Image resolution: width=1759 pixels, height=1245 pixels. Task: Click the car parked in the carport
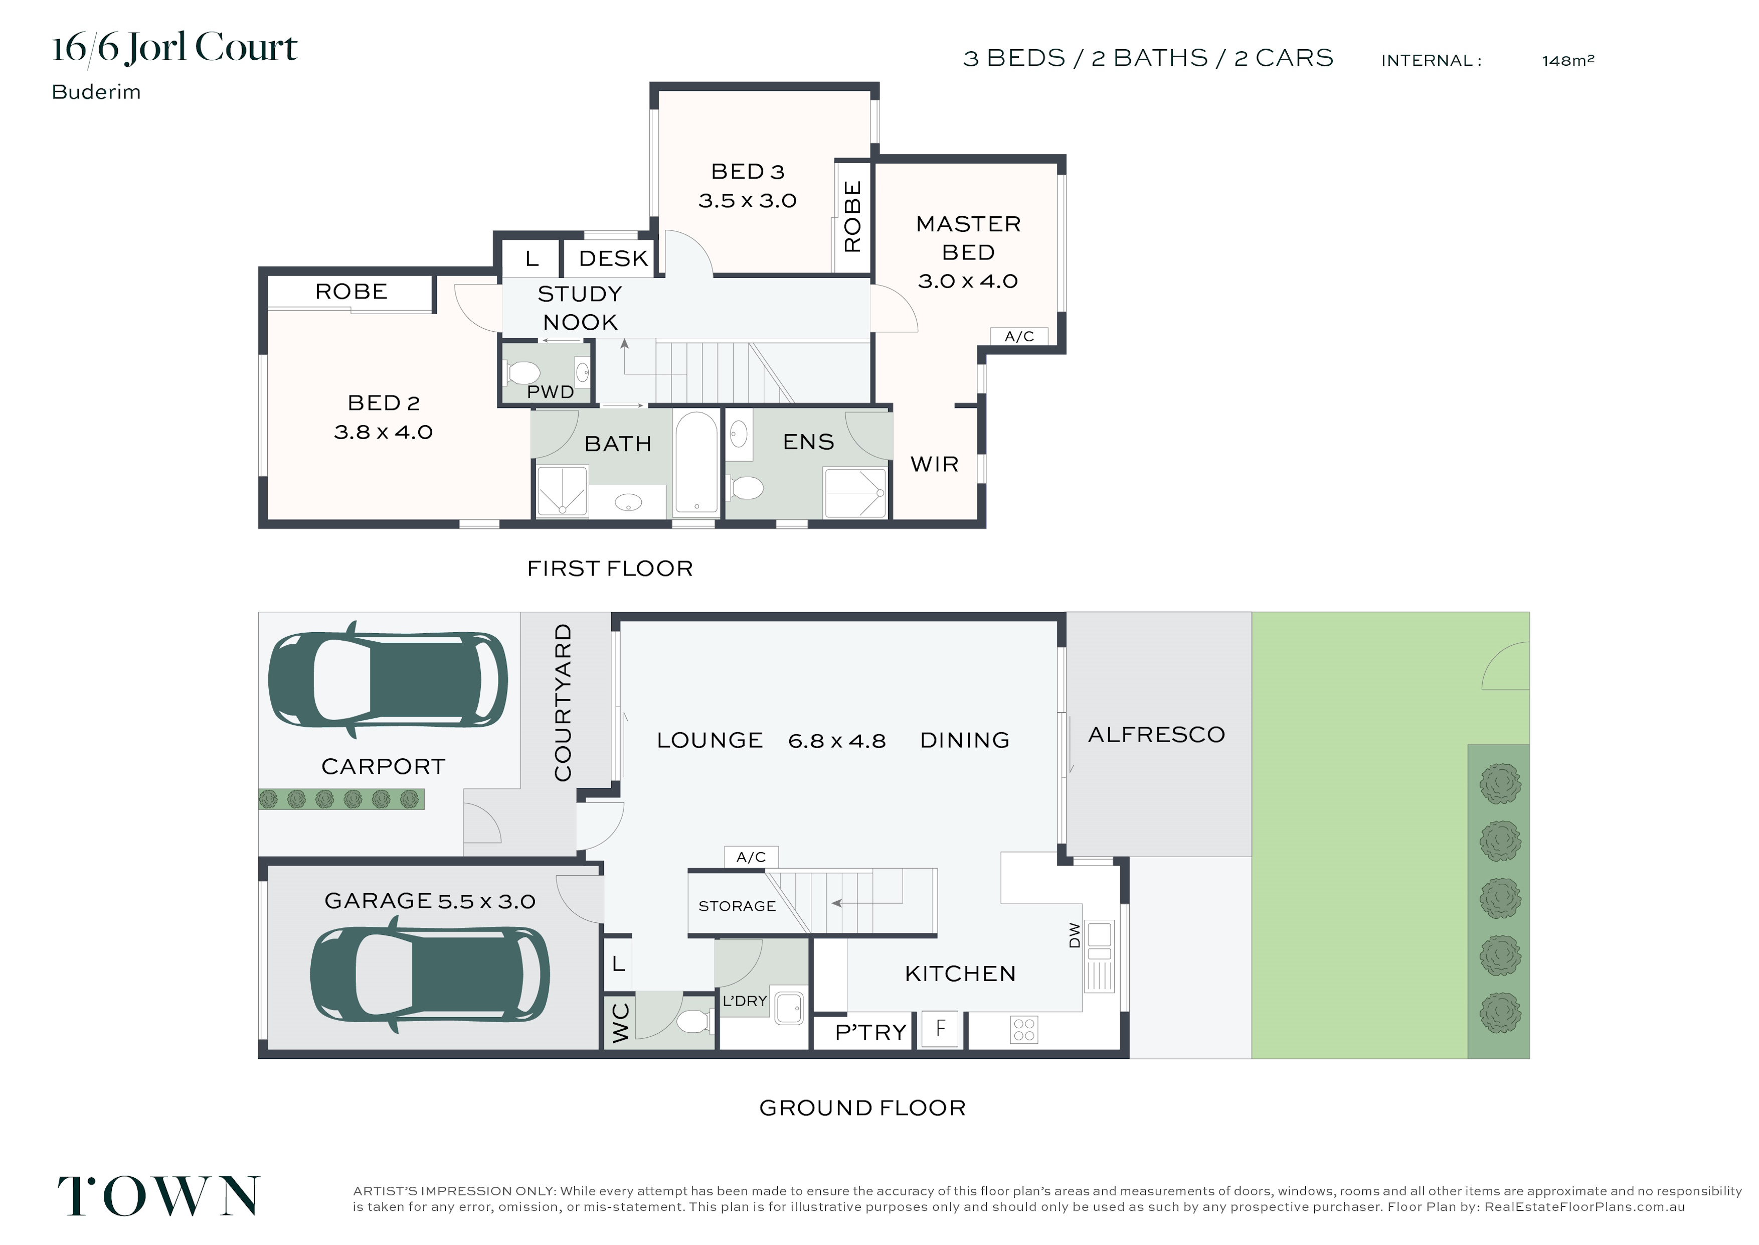click(388, 679)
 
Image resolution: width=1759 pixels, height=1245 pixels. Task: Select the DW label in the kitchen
click(1074, 935)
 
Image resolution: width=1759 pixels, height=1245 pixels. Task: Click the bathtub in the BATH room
click(695, 464)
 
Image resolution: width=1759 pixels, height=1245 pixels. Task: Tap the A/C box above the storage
click(751, 857)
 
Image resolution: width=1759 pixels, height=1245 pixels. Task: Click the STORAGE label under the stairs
click(737, 906)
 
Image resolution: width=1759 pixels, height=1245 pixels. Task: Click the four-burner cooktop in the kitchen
click(1024, 1030)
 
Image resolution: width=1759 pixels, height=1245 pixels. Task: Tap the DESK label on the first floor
click(614, 258)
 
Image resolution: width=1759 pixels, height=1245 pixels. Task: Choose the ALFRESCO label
click(1157, 735)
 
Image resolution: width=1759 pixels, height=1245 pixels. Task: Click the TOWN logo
click(158, 1195)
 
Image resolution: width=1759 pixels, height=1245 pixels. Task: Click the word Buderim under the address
click(97, 92)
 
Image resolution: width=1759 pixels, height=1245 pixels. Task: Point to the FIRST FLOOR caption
click(610, 568)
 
